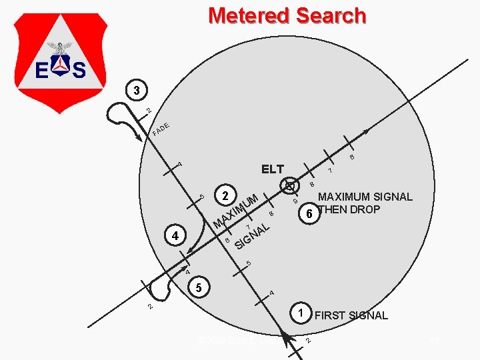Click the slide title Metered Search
[287, 15]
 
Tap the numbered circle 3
[135, 89]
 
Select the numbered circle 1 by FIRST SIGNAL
[301, 313]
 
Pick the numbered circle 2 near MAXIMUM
[225, 196]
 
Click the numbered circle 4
[174, 236]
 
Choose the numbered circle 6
[308, 215]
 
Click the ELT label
[272, 169]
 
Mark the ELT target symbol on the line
[290, 185]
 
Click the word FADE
[163, 129]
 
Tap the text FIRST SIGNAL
[351, 315]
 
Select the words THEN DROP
[349, 209]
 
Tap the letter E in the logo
[40, 69]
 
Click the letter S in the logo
[79, 69]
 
